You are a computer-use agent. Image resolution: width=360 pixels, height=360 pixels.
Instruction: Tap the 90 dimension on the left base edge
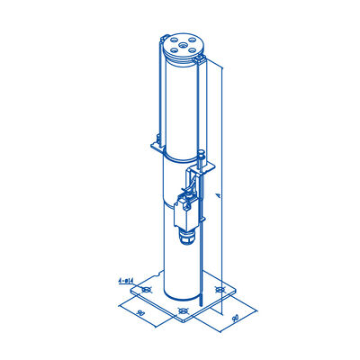141,311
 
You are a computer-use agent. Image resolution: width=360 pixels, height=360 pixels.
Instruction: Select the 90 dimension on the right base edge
233,316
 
